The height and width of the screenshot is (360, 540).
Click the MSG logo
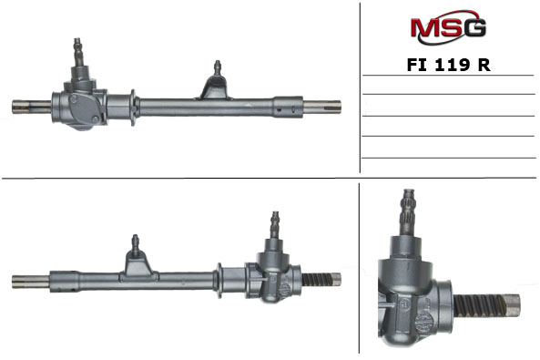[x=448, y=27]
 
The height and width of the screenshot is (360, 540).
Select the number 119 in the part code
[x=453, y=65]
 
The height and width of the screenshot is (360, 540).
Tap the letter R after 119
[x=484, y=65]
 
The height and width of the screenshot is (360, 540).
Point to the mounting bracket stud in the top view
[x=218, y=67]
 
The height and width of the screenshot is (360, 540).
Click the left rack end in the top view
[x=32, y=107]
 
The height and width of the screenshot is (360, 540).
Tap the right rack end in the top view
[x=321, y=107]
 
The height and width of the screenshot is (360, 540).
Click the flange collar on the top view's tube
[x=133, y=108]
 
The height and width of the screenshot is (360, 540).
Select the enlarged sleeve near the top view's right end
[x=289, y=107]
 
